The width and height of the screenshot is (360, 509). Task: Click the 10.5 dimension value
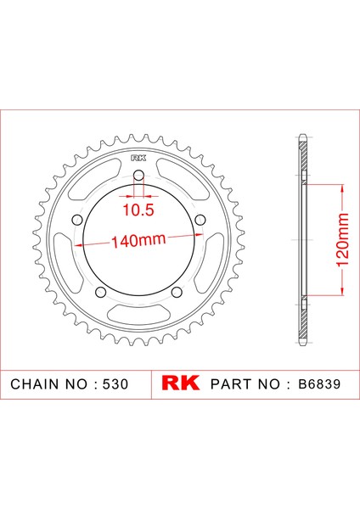pyautogui.click(x=138, y=210)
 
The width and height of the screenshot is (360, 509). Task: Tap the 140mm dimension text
pyautogui.click(x=138, y=241)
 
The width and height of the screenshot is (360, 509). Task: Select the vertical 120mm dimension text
pyautogui.click(x=342, y=240)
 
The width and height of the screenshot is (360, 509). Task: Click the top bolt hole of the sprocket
pyautogui.click(x=138, y=176)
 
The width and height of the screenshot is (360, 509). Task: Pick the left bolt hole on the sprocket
pyautogui.click(x=77, y=221)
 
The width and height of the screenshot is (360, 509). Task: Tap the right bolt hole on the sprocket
pyautogui.click(x=200, y=220)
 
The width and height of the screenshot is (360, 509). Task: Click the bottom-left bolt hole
pyautogui.click(x=101, y=292)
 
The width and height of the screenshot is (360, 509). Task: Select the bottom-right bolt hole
pyautogui.click(x=177, y=292)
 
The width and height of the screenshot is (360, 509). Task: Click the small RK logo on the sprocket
pyautogui.click(x=138, y=158)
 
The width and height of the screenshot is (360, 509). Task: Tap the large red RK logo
pyautogui.click(x=180, y=383)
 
